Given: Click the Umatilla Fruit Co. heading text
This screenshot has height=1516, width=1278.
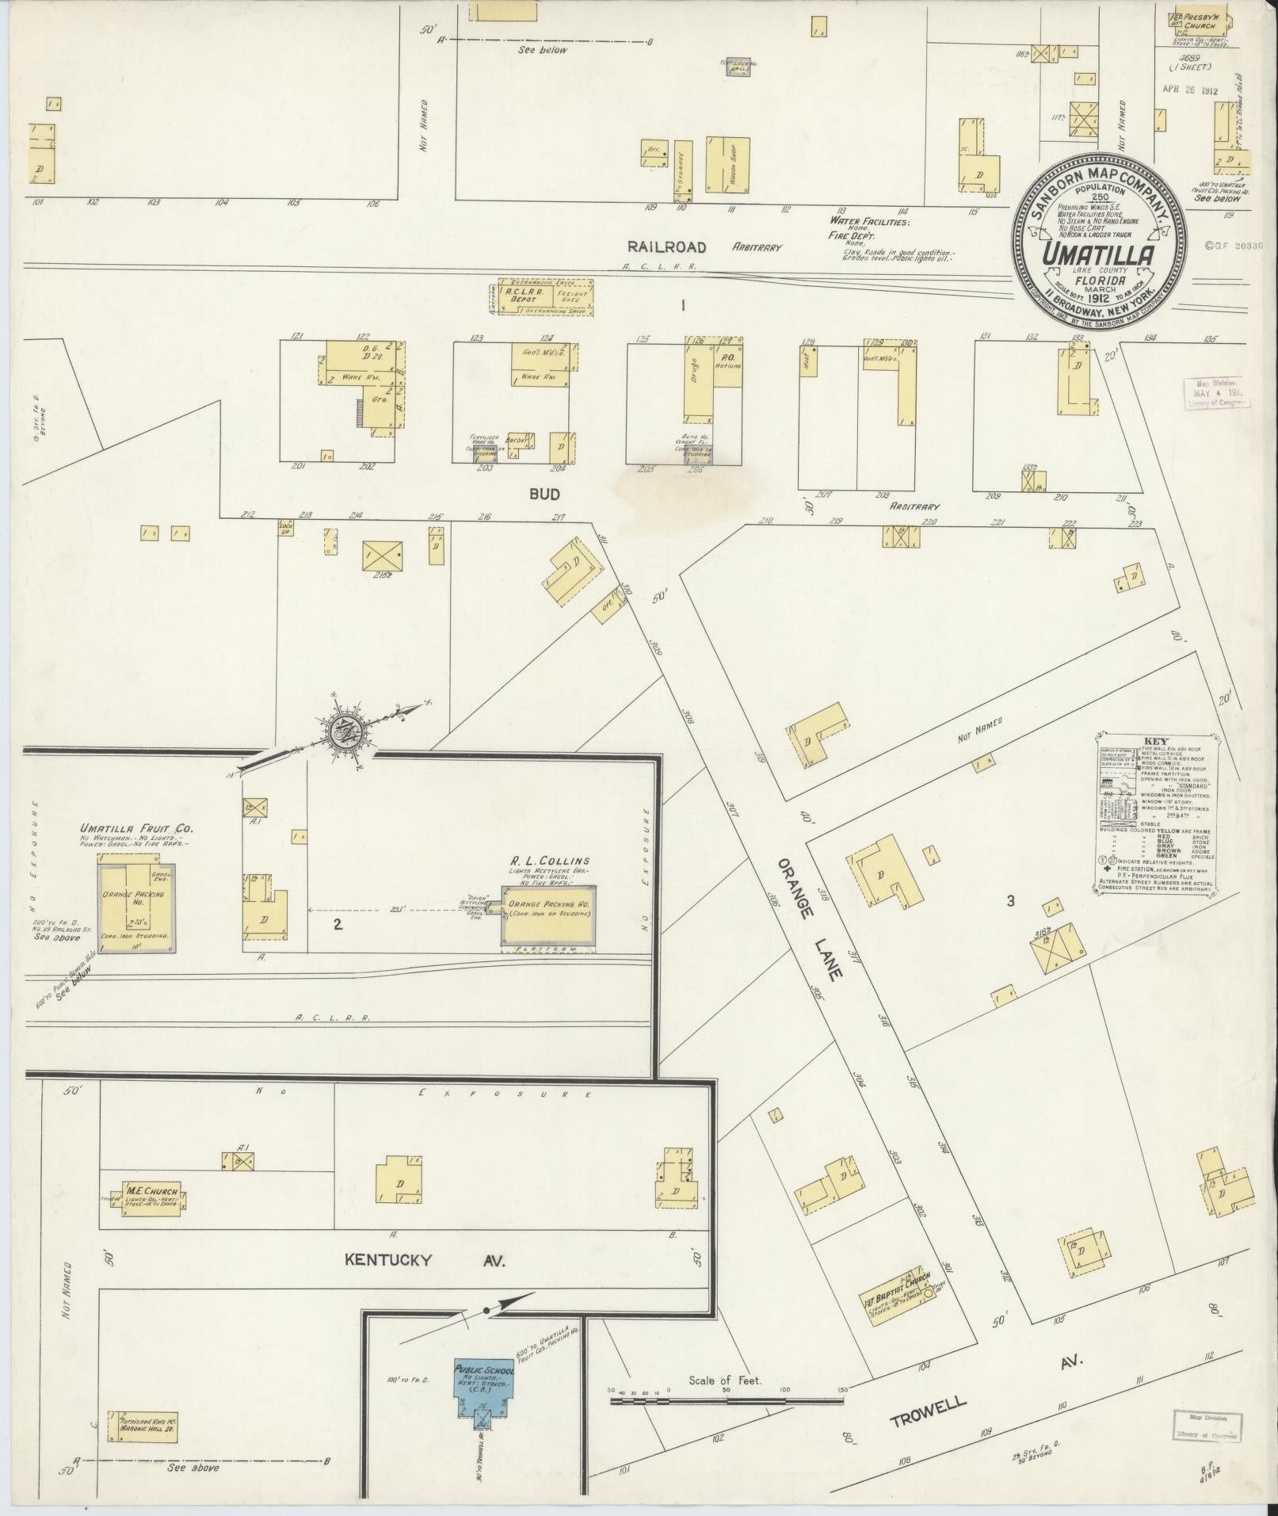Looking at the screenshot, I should tap(136, 829).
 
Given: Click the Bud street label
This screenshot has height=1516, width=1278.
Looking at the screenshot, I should tap(545, 494).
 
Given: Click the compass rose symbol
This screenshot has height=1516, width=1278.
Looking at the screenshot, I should tap(346, 727).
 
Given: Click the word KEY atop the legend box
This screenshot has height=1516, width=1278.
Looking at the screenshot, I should tap(1154, 743).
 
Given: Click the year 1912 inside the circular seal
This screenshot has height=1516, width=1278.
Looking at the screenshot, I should tap(1101, 300).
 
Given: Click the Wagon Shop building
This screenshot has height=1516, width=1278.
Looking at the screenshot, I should tap(727, 165).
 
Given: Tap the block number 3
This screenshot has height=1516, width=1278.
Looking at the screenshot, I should tap(1010, 900).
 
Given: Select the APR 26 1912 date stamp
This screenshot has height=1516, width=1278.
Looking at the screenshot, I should tap(1190, 90).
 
